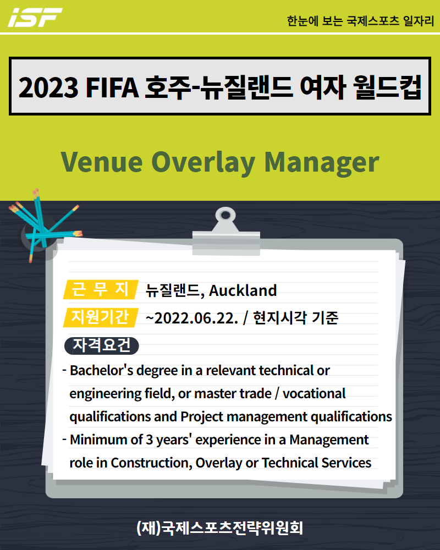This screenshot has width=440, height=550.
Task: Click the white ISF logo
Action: (x=35, y=17)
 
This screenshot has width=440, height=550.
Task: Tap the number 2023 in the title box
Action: (x=48, y=87)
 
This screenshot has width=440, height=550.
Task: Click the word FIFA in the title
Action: (x=112, y=87)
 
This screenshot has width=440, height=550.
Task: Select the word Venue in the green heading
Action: (x=102, y=162)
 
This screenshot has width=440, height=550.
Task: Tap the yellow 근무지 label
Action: (x=101, y=290)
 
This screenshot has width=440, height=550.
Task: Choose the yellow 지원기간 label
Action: (x=101, y=317)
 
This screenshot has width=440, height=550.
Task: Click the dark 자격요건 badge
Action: (x=102, y=345)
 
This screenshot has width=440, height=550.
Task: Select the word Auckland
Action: (x=243, y=290)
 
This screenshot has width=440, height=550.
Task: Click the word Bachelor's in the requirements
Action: (x=101, y=370)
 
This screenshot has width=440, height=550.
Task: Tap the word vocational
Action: (x=314, y=394)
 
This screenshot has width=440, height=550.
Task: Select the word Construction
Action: (x=151, y=463)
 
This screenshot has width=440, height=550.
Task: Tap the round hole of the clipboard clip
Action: (x=226, y=215)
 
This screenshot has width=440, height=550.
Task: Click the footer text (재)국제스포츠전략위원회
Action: (x=219, y=527)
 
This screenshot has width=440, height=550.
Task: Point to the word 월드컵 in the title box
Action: (x=387, y=87)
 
